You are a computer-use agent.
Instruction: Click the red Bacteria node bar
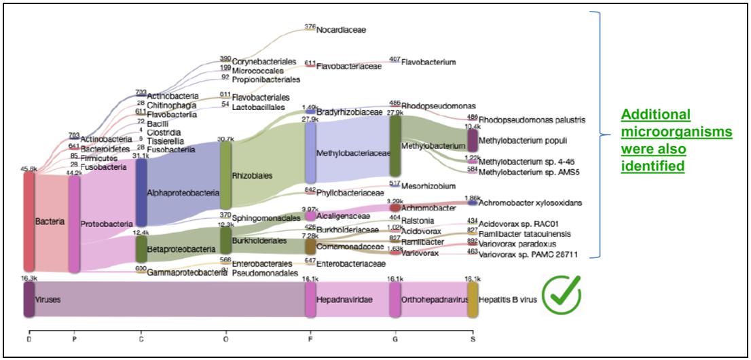[x=29, y=221]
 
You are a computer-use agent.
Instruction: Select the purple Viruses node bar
[x=29, y=299]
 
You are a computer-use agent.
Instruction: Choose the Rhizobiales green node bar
[x=225, y=175]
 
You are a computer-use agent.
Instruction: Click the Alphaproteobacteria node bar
[x=141, y=192]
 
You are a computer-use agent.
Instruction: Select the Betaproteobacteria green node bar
[x=141, y=249]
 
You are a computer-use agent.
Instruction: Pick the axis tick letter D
[x=29, y=338]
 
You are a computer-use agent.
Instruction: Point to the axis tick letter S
[x=473, y=338]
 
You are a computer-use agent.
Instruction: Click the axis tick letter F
[x=310, y=338]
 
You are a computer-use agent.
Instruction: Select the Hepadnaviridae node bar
[x=310, y=299]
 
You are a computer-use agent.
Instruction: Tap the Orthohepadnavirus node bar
[x=395, y=299]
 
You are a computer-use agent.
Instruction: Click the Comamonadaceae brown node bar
[x=310, y=246]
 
